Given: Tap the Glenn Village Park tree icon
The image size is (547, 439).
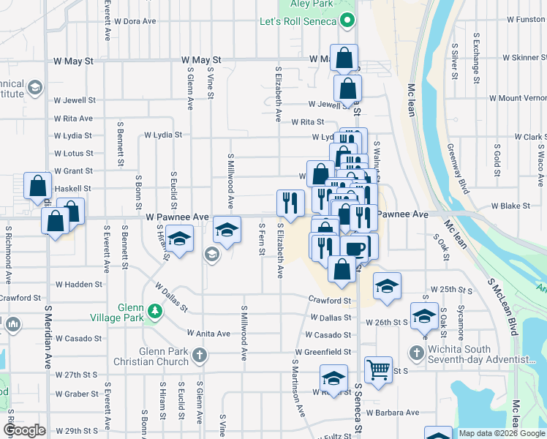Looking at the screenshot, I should tap(154, 312).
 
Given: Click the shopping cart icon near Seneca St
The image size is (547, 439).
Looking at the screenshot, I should tap(378, 371).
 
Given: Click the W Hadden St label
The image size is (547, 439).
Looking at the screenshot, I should tap(79, 284).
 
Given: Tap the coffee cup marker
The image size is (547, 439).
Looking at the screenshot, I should tap(355, 249).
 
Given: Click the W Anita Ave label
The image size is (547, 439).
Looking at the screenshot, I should tap(208, 334).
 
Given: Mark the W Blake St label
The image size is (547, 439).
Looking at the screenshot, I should tap(510, 206).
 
